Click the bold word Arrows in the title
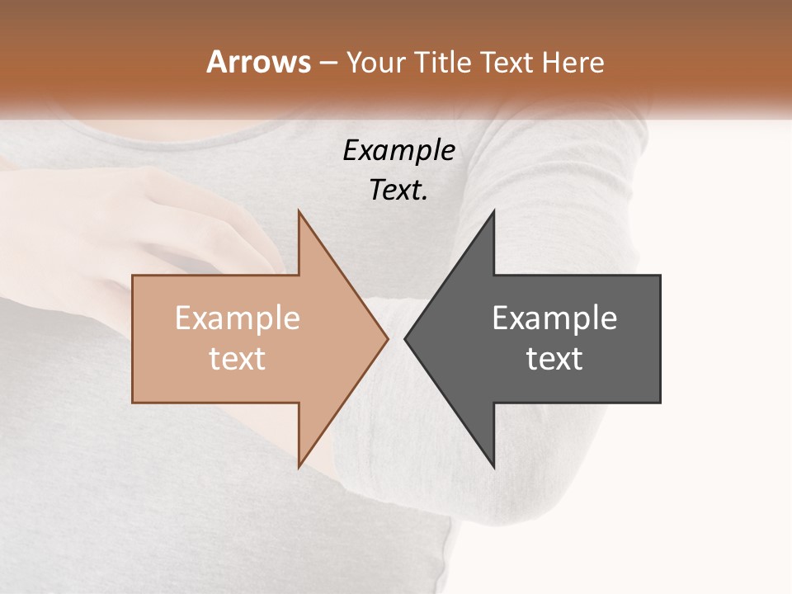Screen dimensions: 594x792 [259, 62]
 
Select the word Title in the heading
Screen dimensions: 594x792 [445, 62]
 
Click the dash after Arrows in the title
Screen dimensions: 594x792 [328, 64]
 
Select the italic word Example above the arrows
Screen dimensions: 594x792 [398, 151]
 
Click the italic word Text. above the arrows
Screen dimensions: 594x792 [398, 191]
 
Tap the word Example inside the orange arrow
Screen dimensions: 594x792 [238, 318]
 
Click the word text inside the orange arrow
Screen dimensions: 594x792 [238, 359]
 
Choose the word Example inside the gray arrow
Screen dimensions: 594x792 [554, 318]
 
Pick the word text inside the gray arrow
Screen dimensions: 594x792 [554, 359]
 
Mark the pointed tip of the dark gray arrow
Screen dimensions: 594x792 [406, 337]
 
